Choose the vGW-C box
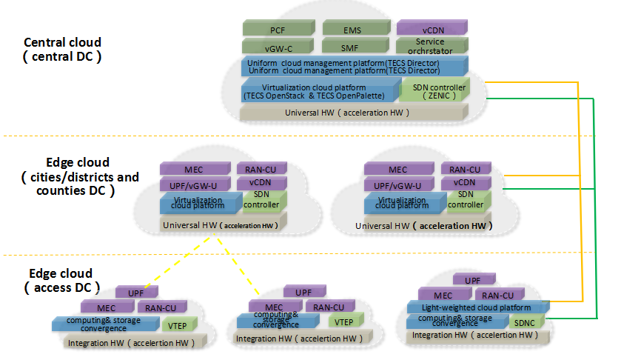[x=278, y=47]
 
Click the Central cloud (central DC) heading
[x=63, y=49]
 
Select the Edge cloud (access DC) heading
[x=58, y=280]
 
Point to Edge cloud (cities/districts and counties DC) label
[x=78, y=176]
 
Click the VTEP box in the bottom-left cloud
[x=177, y=324]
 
